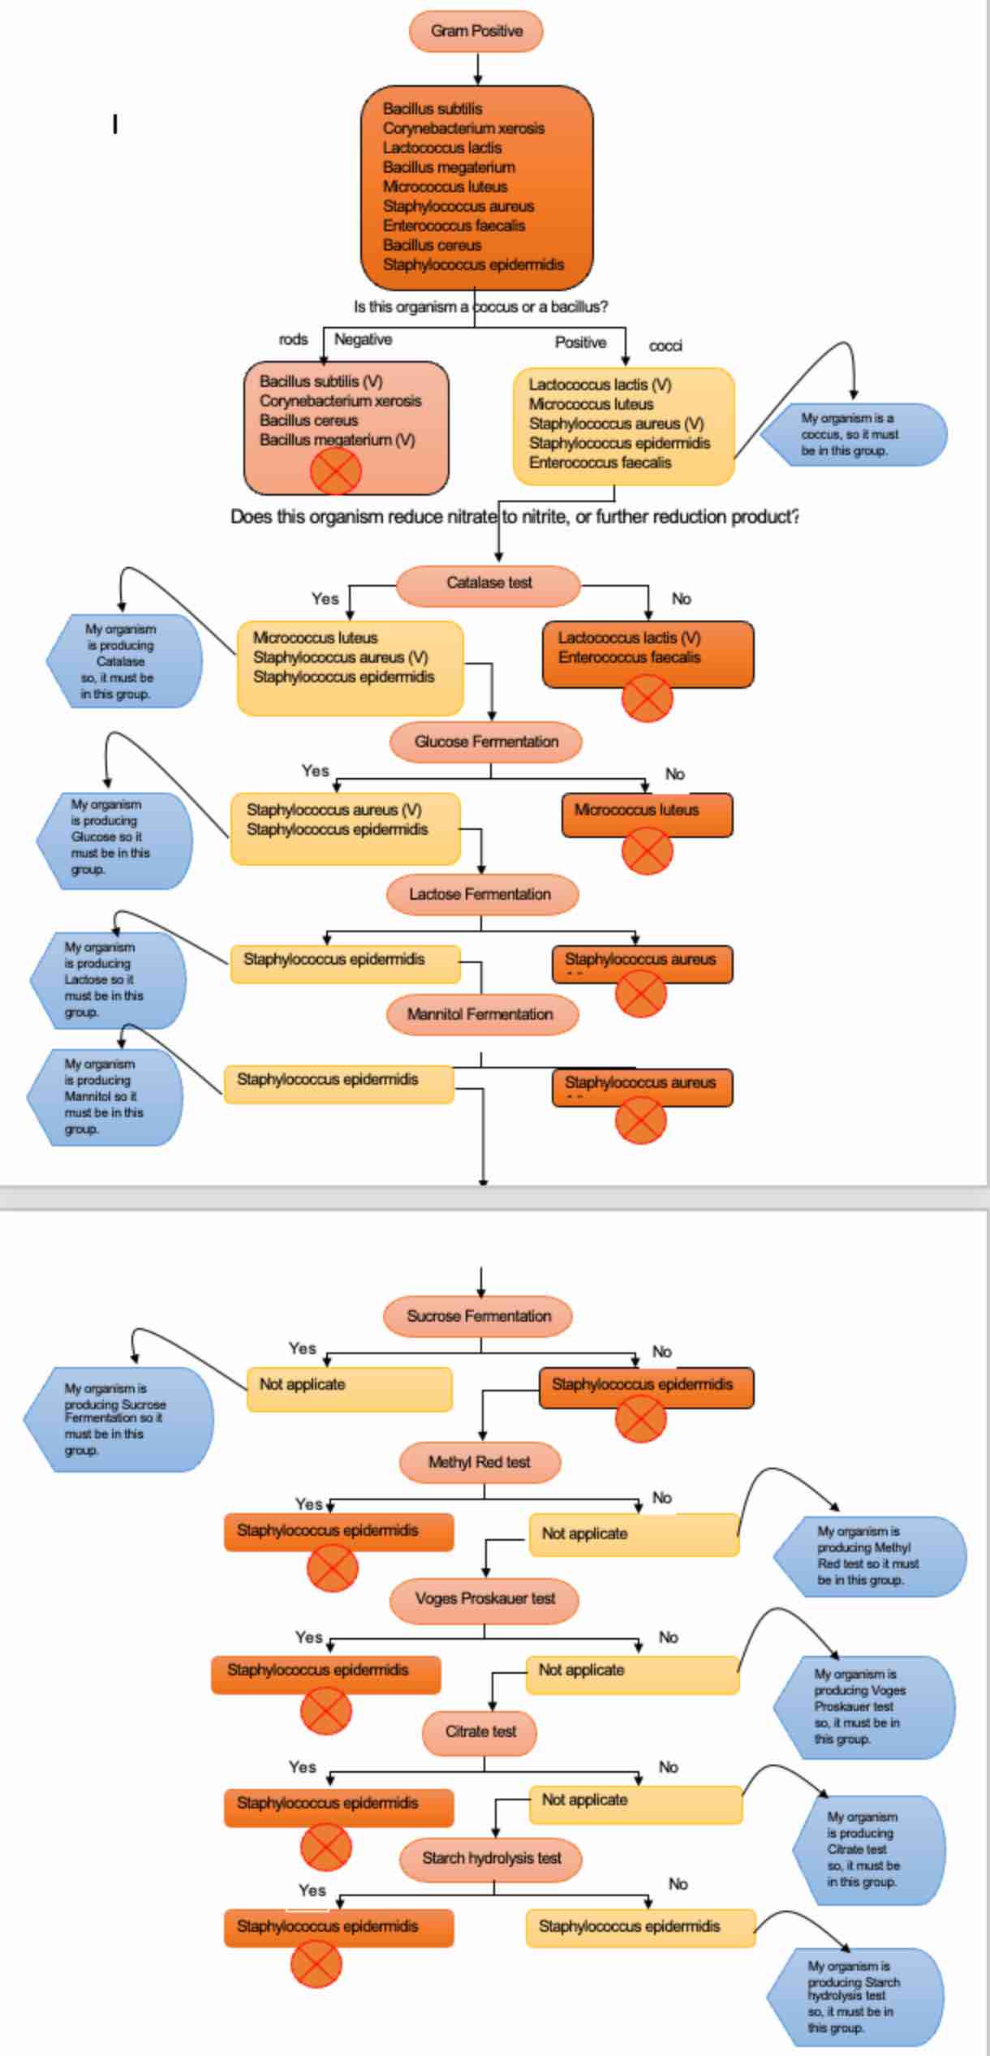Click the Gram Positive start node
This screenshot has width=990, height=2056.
pos(476,32)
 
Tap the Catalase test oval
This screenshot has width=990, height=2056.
pos(489,583)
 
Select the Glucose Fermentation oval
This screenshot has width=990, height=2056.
pos(486,742)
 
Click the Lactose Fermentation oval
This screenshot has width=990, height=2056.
pos(481,894)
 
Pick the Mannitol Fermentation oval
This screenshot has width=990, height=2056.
pos(481,1014)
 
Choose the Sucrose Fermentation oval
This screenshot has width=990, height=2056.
pos(478,1316)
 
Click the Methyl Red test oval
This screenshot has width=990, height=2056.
pos(480,1462)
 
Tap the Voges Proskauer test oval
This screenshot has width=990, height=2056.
pos(484,1598)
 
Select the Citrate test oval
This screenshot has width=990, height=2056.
pos(480,1731)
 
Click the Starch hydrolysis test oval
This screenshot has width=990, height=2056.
pos(491,1858)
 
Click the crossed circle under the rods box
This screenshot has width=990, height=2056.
pos(335,471)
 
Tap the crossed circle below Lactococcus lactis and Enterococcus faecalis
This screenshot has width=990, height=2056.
pos(647,699)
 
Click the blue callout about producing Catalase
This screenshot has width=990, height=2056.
pos(122,661)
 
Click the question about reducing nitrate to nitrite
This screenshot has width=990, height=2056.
pos(514,517)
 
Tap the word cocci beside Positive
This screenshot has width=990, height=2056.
pos(665,346)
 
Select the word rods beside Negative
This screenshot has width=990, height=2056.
pos(293,340)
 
